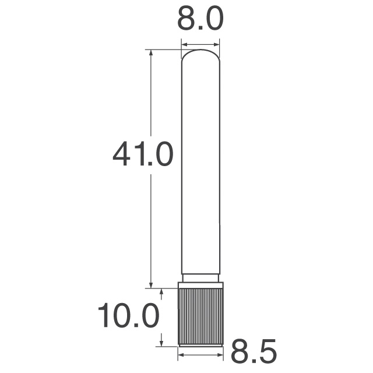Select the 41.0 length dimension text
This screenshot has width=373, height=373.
point(143,154)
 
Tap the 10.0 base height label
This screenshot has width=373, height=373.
point(128,317)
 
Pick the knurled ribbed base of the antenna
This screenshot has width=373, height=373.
point(200,317)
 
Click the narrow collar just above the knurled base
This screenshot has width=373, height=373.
point(200,277)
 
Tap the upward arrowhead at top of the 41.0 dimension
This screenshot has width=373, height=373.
point(151,53)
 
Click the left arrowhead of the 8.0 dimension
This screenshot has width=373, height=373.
point(184,43)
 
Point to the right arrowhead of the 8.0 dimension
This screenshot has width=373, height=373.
point(217,43)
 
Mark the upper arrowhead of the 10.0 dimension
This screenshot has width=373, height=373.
point(161,291)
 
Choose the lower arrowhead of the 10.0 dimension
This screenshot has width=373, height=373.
point(161,343)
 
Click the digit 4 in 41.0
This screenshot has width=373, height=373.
point(124,154)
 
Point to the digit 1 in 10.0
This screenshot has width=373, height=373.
point(104,317)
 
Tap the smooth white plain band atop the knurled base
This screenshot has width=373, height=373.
point(200,285)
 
